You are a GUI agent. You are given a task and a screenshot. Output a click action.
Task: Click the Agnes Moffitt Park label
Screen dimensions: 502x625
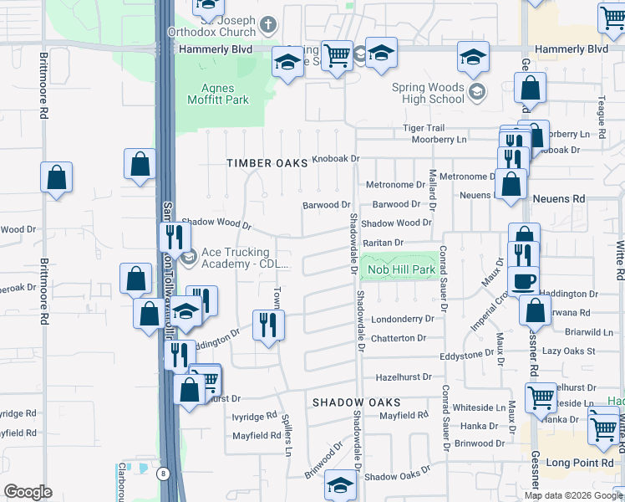point(225,94)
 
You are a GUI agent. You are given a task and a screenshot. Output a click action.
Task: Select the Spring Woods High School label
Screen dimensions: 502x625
point(428,93)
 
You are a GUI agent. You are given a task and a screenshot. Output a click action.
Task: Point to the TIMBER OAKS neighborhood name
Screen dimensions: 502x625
point(267,163)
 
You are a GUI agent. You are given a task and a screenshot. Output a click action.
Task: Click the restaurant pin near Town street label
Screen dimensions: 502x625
point(268,323)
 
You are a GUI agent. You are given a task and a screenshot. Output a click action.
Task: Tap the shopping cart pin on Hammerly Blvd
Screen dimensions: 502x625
point(337,57)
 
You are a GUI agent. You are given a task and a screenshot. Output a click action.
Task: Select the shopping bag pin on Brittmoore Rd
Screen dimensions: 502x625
point(56,177)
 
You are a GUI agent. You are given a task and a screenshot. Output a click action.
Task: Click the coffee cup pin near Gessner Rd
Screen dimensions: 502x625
point(523,281)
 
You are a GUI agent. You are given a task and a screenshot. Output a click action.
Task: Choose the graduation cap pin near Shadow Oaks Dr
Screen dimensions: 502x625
point(340,485)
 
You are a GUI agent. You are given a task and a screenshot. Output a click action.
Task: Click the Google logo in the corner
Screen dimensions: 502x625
point(28,492)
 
